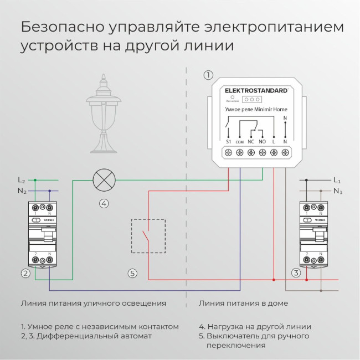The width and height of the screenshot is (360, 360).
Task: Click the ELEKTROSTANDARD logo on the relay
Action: click(256, 90)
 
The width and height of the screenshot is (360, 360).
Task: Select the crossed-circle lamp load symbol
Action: click(104, 179)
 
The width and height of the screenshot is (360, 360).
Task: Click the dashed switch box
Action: click(148, 236)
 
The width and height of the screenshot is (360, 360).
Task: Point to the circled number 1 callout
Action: click(208, 75)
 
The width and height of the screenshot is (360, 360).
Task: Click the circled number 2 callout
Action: click(25, 273)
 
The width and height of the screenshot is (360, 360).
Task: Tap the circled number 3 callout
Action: click(296, 273)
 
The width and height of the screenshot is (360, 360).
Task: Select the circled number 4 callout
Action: click(104, 203)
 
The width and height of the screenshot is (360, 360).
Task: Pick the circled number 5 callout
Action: click(132, 273)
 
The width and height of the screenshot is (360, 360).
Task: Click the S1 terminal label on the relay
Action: click(228, 142)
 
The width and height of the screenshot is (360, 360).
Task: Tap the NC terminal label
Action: click(251, 142)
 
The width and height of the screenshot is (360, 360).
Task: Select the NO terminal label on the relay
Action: click(263, 142)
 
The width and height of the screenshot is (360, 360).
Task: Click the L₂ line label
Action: click(22, 180)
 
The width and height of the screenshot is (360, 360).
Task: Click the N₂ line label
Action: click(22, 191)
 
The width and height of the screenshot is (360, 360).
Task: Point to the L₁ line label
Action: click(337, 180)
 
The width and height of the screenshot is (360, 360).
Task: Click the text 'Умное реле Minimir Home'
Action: click(256, 110)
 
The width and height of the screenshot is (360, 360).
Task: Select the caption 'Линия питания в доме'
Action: click(243, 304)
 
